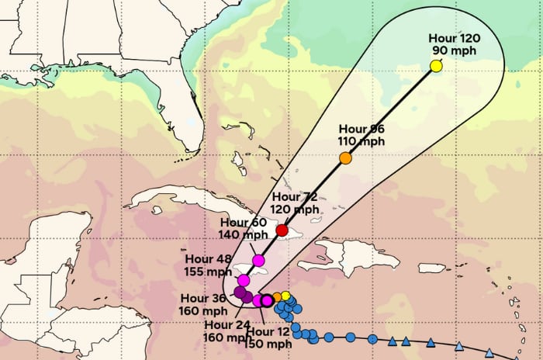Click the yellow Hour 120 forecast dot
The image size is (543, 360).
click(436, 66)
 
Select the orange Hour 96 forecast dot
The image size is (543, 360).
click(345, 158)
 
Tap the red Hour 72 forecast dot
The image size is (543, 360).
click(282, 230)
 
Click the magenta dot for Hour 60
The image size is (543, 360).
click(258, 260)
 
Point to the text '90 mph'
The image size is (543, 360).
click(455, 51)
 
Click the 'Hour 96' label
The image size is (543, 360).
click(361, 129)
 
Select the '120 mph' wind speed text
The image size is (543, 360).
click(294, 209)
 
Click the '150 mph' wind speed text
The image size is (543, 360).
click(268, 344)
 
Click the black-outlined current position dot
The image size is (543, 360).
click(267, 300)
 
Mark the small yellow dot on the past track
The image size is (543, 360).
click(285, 295)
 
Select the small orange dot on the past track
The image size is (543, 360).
click(277, 297)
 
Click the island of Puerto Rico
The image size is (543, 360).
click(433, 268)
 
